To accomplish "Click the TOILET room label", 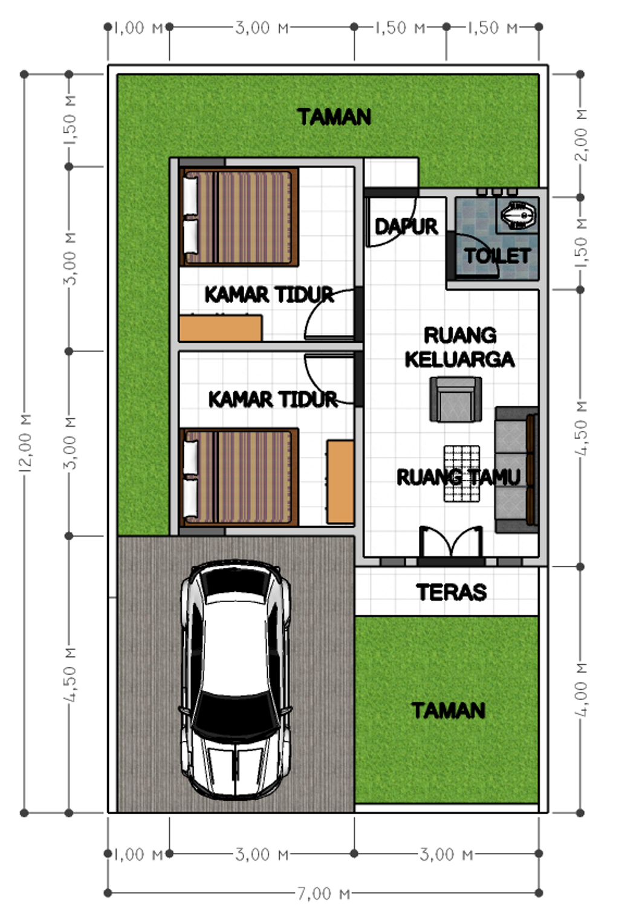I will click(497, 256).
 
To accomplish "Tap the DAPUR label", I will click(406, 227).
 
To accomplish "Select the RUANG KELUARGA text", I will click(459, 347).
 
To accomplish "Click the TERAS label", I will click(451, 592).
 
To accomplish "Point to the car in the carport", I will click(236, 680).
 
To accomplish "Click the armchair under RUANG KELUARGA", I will click(456, 400).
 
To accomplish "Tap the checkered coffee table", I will click(462, 473).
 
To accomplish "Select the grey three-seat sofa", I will click(516, 470).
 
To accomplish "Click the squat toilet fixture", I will click(518, 216).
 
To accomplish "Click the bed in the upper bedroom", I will click(240, 218).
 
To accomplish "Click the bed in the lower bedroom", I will click(240, 477).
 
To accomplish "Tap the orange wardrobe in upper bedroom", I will click(221, 328).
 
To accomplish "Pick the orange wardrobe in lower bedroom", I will click(340, 482).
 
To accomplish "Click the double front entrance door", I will click(451, 543).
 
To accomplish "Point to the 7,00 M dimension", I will click(323, 893).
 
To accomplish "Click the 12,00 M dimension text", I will click(25, 442).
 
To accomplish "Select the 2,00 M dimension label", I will click(581, 135).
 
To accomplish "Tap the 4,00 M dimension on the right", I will click(581, 689).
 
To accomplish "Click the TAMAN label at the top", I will click(334, 117).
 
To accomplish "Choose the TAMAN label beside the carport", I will click(448, 710).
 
